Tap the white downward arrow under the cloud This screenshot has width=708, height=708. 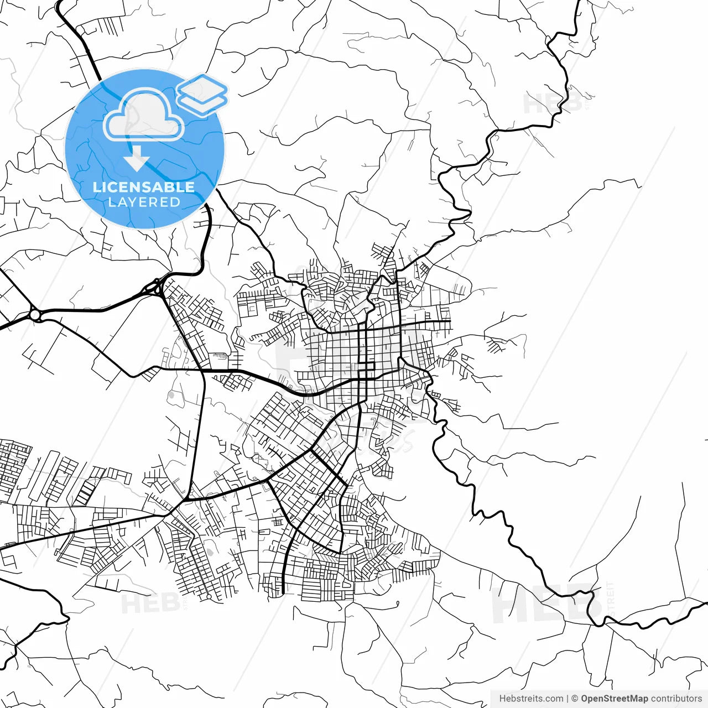click(137, 160)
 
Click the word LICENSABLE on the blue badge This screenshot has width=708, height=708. click(144, 187)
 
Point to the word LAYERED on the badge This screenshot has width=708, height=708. click(144, 202)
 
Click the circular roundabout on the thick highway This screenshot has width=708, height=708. click(35, 315)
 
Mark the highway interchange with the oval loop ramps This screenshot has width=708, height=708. click(154, 287)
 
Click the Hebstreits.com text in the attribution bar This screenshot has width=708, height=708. click(531, 699)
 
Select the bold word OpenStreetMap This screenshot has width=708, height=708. click(614, 699)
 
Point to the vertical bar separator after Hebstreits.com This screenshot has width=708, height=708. click(568, 699)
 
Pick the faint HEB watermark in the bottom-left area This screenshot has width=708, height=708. click(149, 603)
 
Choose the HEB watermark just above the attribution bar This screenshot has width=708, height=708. click(545, 606)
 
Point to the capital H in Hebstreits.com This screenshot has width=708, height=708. click(502, 699)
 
